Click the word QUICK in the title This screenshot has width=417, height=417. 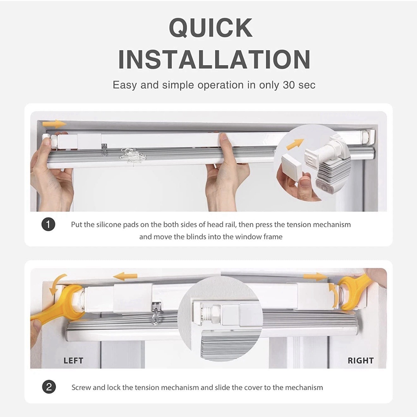(211, 28)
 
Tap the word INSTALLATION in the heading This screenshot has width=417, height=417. (215, 59)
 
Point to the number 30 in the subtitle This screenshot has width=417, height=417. (289, 85)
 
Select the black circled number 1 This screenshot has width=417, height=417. (48, 225)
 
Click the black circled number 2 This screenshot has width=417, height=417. (49, 387)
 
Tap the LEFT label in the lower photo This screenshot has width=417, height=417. (73, 361)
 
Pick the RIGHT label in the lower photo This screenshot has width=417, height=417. (361, 361)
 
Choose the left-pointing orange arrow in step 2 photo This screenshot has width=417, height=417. (125, 277)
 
